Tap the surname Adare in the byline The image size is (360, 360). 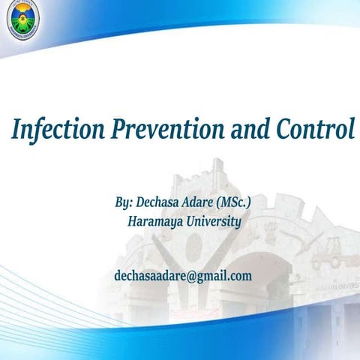point(206,203)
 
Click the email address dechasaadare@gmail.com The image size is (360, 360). point(183,276)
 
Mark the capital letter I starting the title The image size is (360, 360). point(16,130)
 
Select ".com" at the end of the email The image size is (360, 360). point(238,276)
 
